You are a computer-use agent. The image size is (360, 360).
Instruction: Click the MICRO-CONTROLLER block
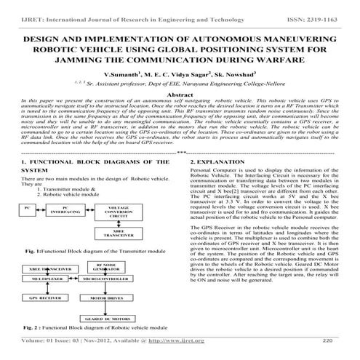(x=109, y=278)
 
